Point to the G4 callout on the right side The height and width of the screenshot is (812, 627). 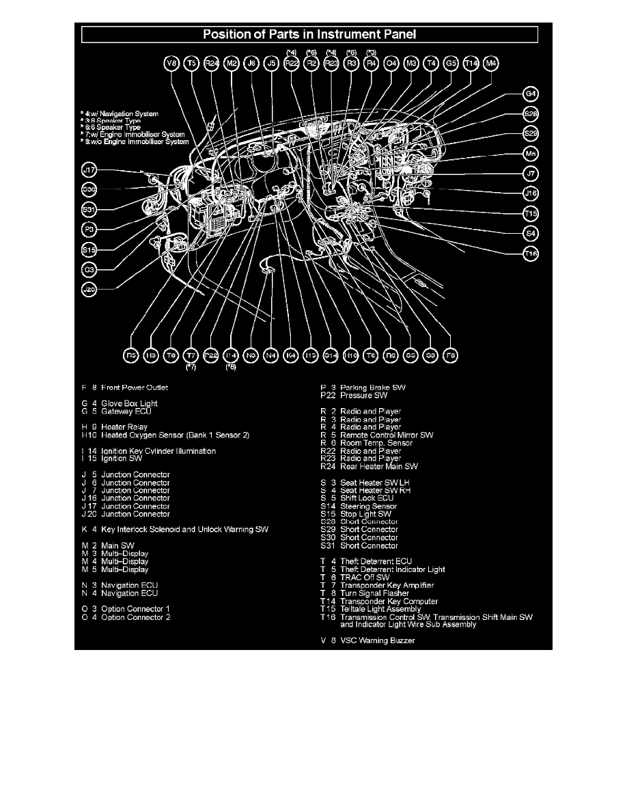click(531, 94)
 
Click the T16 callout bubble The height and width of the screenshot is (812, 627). click(531, 254)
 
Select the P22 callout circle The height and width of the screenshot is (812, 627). click(212, 355)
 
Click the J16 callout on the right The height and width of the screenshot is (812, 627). click(531, 193)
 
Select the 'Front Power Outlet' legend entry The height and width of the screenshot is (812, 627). click(134, 388)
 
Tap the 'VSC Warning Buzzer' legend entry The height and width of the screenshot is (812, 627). click(377, 640)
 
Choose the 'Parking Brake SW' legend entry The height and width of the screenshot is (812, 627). click(372, 388)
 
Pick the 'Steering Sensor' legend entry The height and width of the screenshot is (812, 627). click(369, 506)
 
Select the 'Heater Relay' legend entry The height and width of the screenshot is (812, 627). click(124, 427)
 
